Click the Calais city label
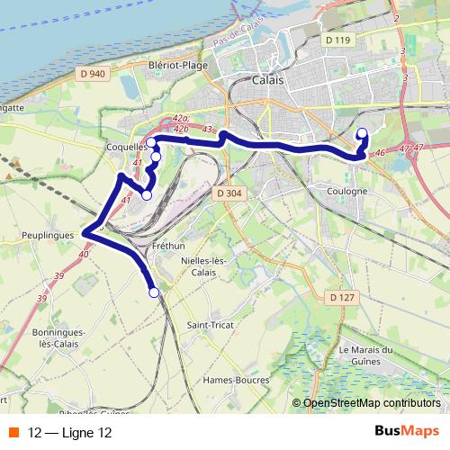pos(268,79)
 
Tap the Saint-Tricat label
pos(211,324)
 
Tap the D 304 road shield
pos(229,193)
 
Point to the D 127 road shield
pos(340,297)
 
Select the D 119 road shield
pos(337,40)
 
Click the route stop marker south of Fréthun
pos(154,292)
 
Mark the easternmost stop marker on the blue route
pos(363,134)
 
